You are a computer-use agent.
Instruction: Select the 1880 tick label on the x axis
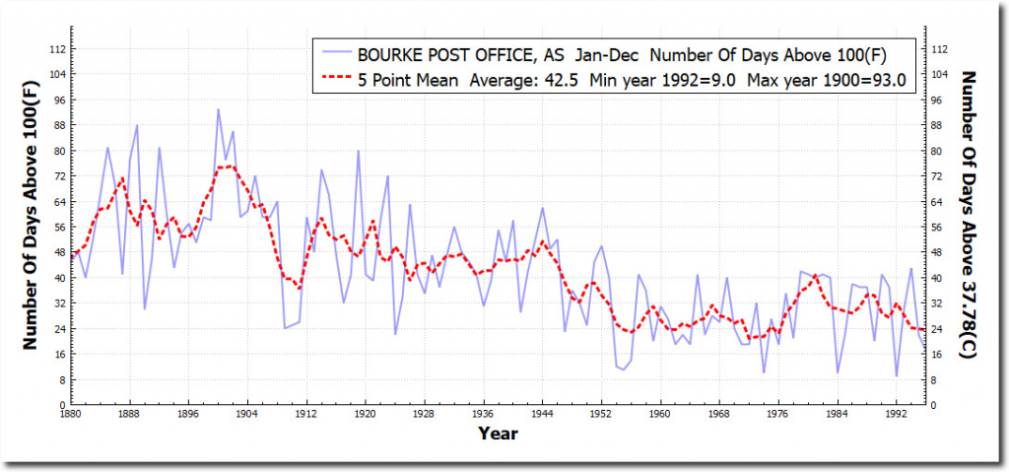point(68,415)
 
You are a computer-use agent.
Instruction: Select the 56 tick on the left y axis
point(58,227)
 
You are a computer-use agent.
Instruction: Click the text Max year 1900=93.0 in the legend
point(843,81)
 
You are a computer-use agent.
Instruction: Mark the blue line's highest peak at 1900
point(218,109)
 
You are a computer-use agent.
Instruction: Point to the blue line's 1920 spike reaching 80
point(359,151)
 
